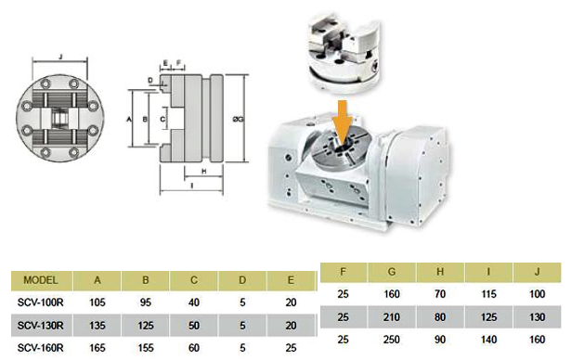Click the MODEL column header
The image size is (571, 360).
[x=41, y=280]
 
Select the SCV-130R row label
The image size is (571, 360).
[x=41, y=325]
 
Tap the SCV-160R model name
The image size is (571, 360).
[x=41, y=348]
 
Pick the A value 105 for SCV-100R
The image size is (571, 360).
[x=97, y=302]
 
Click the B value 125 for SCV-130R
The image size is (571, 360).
[x=146, y=325]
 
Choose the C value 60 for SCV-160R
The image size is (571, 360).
[x=194, y=348]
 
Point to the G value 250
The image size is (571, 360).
[x=392, y=340]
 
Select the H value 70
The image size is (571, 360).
[x=440, y=294]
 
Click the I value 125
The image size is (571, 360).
[x=488, y=317]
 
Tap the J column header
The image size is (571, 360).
[x=538, y=272]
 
